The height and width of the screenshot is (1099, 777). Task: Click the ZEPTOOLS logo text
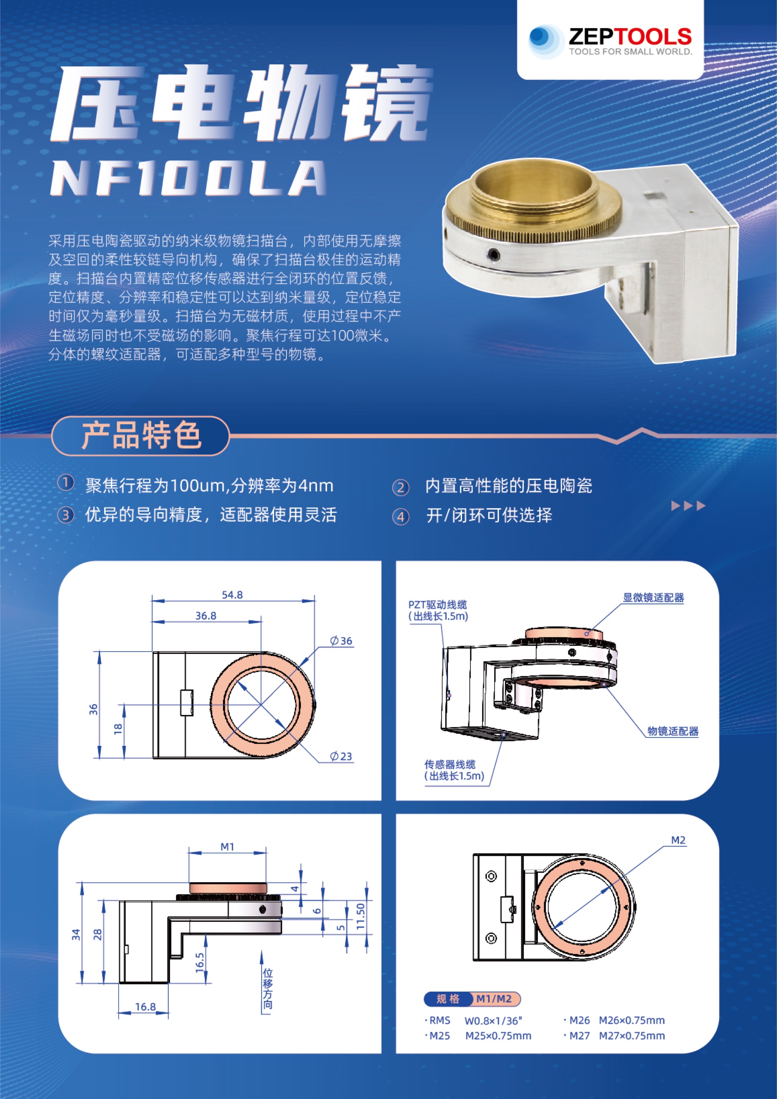[629, 37]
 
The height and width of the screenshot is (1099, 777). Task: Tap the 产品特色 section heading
[141, 435]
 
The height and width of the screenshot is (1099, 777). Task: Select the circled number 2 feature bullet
[401, 487]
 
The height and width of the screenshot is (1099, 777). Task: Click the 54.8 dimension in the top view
[232, 595]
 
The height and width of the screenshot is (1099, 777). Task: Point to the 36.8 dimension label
[206, 616]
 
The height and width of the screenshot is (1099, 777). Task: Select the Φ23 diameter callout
[341, 756]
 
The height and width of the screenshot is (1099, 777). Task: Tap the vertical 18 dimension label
[118, 728]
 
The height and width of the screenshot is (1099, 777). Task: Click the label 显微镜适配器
[653, 598]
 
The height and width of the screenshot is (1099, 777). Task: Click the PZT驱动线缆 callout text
[437, 605]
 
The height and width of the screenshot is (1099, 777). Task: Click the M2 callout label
[678, 840]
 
